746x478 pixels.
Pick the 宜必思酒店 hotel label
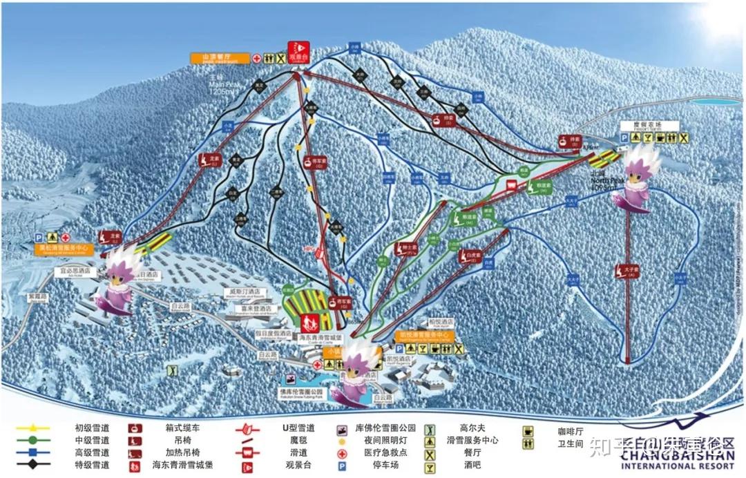click(x=75, y=272)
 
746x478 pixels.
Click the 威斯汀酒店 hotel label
click(x=246, y=292)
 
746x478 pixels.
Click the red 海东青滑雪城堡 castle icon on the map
click(x=309, y=321)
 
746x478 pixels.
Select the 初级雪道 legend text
click(x=92, y=428)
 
